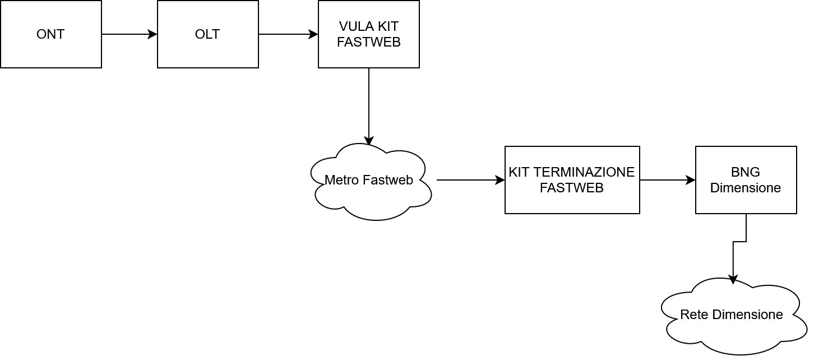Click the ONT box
coord(50,34)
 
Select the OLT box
coord(207,34)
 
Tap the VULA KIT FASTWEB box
coord(368,34)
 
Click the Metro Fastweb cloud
coord(370,181)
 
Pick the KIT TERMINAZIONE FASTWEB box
coord(572,180)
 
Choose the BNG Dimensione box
coord(746,180)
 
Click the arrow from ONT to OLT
coord(129,34)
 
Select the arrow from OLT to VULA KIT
coord(288,34)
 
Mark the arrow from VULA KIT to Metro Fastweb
coord(369,107)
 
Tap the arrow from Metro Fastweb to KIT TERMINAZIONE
coord(470,180)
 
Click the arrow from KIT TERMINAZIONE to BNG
coord(667,180)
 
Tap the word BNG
coord(746,173)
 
